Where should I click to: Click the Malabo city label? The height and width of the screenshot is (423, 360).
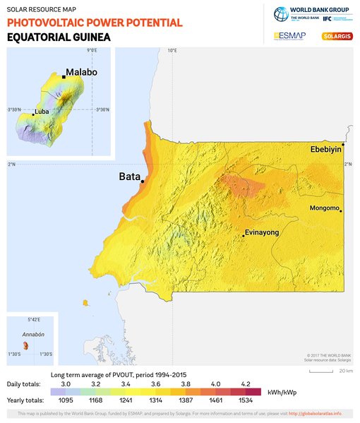pos(81,72)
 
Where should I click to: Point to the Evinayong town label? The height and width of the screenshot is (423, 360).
pos(261,232)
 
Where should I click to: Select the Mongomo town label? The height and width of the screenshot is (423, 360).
pos(325,208)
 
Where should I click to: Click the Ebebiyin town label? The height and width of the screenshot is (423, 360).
pos(325,149)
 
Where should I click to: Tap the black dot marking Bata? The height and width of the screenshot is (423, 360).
pos(143,181)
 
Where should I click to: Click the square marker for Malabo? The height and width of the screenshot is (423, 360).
pos(64,77)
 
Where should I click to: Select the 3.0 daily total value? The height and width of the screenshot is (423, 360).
pos(66,383)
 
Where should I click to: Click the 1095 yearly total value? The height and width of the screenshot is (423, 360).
pos(66,400)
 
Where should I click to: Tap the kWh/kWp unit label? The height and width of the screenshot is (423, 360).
pos(281,392)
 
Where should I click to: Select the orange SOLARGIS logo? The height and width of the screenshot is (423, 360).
pos(337,35)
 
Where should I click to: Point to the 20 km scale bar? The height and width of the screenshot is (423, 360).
pos(321,370)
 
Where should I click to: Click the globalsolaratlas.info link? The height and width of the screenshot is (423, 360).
pos(313,413)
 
